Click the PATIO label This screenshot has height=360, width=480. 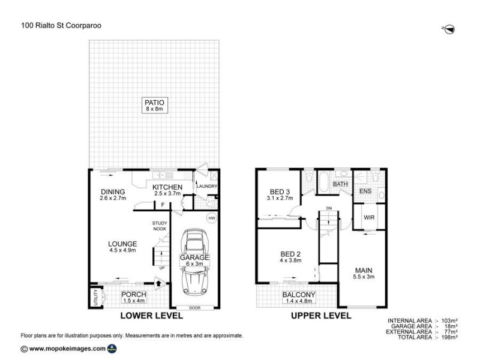154,101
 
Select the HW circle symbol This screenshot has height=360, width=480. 211,218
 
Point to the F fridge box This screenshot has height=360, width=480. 161,205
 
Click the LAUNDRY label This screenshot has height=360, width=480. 207,187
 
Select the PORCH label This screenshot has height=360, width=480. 134,294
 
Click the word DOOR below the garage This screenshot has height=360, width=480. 194,307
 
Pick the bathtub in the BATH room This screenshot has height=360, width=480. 323,182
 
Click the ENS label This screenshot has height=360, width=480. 365,191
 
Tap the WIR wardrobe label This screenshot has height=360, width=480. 368,217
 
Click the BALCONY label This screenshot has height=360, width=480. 299,295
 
